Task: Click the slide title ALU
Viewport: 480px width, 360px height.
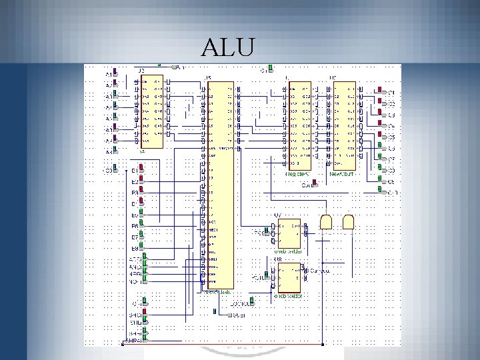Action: [x=228, y=48]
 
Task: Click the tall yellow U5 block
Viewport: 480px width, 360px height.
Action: [x=219, y=187]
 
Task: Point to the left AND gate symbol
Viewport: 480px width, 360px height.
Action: [x=327, y=222]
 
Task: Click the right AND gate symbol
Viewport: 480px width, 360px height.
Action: [x=348, y=222]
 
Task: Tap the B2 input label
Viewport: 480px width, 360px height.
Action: [x=134, y=182]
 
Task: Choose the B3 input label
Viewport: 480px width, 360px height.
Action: [x=134, y=193]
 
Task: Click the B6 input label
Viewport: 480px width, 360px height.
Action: [x=134, y=226]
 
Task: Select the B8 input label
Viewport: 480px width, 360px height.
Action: [x=134, y=248]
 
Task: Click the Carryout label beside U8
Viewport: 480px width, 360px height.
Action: [x=319, y=271]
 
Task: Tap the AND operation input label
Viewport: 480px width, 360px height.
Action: [x=135, y=267]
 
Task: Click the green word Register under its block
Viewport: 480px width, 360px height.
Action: [x=297, y=175]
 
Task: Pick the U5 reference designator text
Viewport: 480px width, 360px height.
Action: [x=209, y=79]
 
